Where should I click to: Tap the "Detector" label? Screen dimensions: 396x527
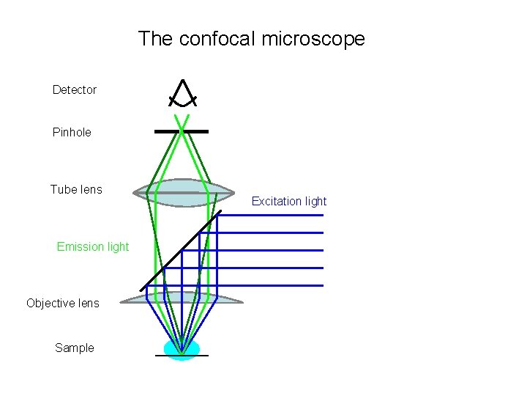click(74, 89)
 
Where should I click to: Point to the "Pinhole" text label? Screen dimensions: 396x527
click(72, 132)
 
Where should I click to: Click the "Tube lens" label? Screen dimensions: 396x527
click(76, 189)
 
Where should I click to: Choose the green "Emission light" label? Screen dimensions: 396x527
click(92, 246)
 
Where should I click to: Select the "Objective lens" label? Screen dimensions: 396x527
click(62, 303)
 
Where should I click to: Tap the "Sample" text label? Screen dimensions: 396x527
click(74, 348)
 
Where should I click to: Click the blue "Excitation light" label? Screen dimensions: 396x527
click(289, 201)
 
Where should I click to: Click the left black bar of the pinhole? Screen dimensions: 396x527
click(167, 131)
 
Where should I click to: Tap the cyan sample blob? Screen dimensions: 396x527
click(182, 349)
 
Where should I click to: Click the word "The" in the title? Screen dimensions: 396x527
click(154, 39)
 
